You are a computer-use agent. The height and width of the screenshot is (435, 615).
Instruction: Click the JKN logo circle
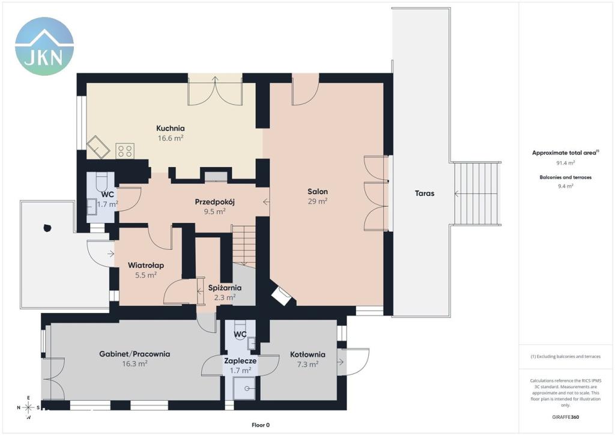[x=44, y=46]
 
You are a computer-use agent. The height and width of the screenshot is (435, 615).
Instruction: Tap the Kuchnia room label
[x=170, y=128]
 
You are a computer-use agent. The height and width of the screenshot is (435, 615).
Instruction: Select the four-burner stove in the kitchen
[x=125, y=151]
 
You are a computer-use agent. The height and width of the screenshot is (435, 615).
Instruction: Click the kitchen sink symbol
[x=98, y=147]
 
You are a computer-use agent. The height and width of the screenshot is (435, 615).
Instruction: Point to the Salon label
[x=318, y=192]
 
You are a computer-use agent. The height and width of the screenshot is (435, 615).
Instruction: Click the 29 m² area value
[x=318, y=201]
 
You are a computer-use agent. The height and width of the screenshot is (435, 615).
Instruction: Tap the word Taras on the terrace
[x=425, y=193]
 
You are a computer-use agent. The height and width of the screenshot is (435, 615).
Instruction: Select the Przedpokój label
[x=214, y=202]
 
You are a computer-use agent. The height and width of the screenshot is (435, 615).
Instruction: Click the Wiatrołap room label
[x=146, y=265]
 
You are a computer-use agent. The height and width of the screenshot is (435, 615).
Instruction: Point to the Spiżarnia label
[x=225, y=288]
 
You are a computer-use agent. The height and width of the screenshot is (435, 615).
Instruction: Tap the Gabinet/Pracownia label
[x=135, y=354]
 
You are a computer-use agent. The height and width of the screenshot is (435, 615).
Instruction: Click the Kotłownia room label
[x=307, y=354]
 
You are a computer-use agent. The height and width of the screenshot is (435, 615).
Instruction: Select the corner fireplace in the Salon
[x=281, y=296]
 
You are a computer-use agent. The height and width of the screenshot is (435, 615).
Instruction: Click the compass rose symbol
[x=28, y=407]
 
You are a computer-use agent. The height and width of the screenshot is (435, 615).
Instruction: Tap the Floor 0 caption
[x=261, y=425]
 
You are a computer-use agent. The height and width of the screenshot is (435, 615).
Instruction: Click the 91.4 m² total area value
[x=566, y=162]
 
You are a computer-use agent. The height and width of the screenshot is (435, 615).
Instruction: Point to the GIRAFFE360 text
[x=565, y=417]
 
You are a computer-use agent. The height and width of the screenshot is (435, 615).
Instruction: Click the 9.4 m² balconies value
[x=566, y=186]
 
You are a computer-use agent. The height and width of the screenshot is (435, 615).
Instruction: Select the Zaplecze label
[x=240, y=360]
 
